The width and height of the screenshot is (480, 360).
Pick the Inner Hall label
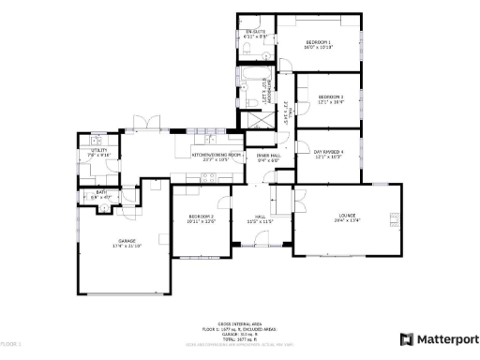pyautogui.click(x=269, y=157)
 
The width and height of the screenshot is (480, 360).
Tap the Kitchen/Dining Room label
pyautogui.click(x=217, y=156)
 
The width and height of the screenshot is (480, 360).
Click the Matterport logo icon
pyautogui.click(x=406, y=339)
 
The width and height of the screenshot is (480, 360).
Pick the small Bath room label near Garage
pyautogui.click(x=100, y=195)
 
